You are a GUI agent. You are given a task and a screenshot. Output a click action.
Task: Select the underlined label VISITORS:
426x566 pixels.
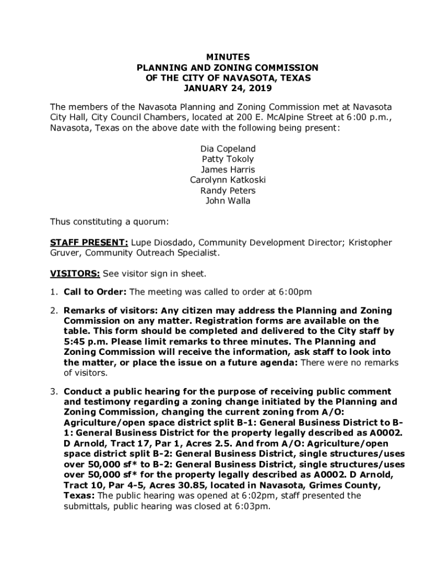click(75, 274)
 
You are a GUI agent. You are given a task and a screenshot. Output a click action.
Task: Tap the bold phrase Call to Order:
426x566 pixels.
click(95, 292)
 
